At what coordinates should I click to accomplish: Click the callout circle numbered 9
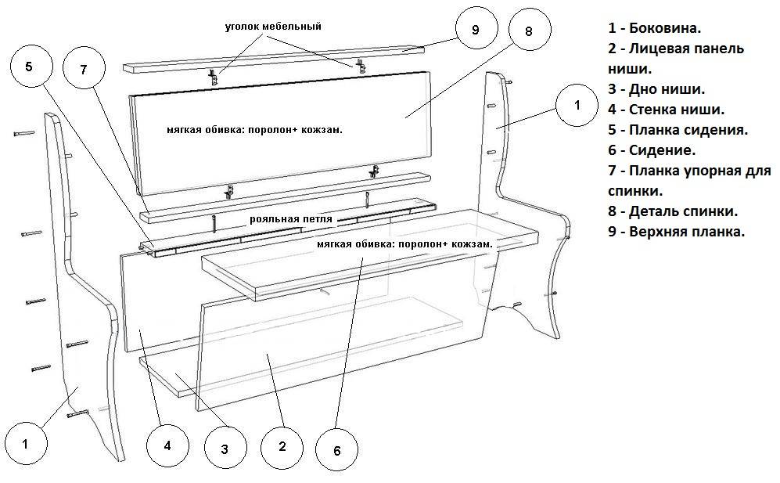(476, 31)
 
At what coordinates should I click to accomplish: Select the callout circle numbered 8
(529, 32)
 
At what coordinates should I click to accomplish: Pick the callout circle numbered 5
(29, 67)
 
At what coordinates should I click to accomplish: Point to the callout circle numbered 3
(225, 449)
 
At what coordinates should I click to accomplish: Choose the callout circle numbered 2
(282, 447)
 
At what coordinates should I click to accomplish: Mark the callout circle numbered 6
(336, 451)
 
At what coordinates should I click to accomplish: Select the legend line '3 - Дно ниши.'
(656, 89)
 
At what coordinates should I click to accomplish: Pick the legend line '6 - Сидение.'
(652, 150)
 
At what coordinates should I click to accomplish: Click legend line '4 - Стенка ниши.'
(666, 110)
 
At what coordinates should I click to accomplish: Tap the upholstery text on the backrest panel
(255, 129)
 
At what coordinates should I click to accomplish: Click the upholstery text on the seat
(405, 244)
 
